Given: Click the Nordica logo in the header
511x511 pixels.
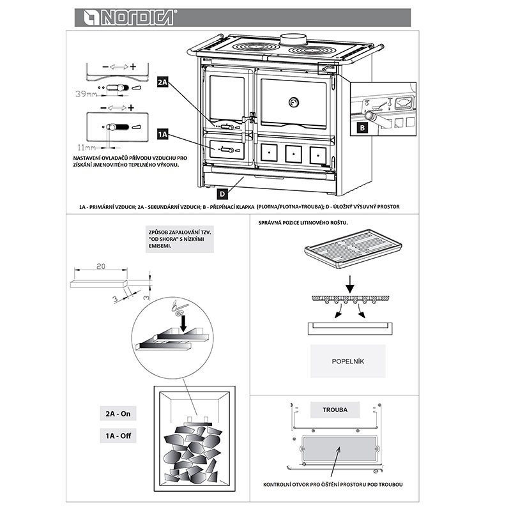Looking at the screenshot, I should click(x=124, y=18).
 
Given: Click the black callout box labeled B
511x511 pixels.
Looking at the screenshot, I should click(x=362, y=127).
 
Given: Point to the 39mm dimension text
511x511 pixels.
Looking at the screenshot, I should click(x=85, y=93).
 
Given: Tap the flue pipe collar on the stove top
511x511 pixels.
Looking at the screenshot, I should click(x=293, y=38).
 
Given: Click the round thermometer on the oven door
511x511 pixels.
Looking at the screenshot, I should click(x=293, y=102).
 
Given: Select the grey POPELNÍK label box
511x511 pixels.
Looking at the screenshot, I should click(x=347, y=361).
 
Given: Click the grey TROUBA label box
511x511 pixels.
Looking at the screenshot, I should click(x=335, y=409).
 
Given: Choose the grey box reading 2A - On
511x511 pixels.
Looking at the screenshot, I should click(x=118, y=414).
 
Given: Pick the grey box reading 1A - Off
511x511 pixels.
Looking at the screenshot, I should click(x=118, y=437).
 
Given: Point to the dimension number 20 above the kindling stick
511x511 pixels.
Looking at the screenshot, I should click(x=100, y=267).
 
